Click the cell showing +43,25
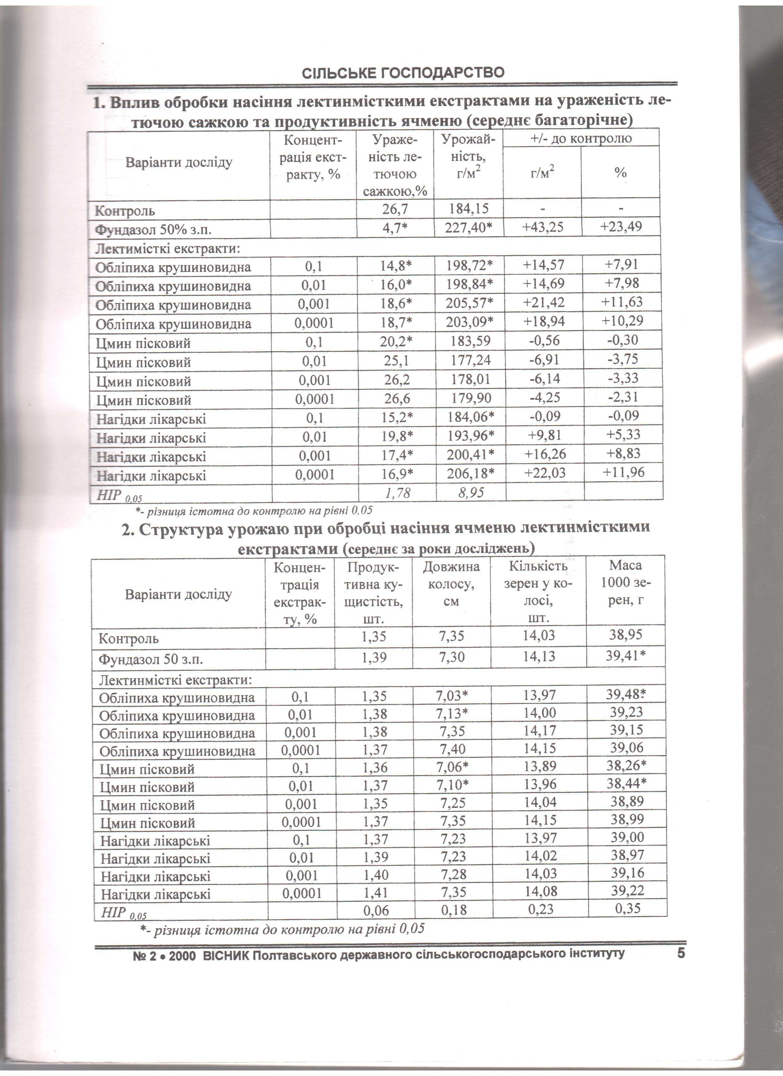click(x=543, y=227)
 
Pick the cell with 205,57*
click(x=469, y=303)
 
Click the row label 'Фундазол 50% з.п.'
click(x=153, y=230)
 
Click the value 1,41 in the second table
click(x=375, y=893)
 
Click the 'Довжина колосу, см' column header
click(x=451, y=583)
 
